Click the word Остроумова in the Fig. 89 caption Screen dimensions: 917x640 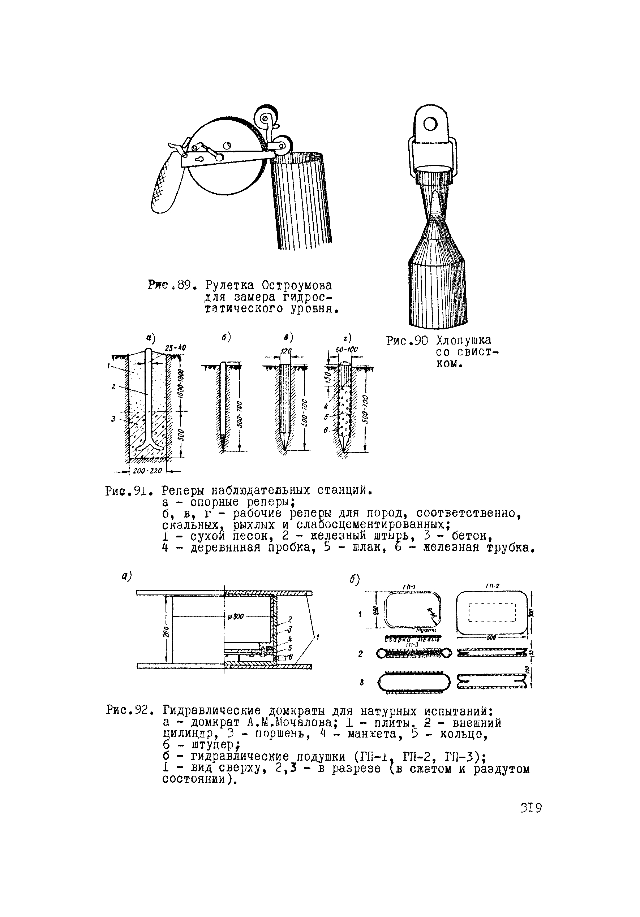click(x=296, y=286)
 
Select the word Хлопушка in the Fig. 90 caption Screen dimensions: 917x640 click(x=463, y=341)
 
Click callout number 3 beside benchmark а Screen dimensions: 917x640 click(x=113, y=419)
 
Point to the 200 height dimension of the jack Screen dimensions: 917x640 click(x=166, y=632)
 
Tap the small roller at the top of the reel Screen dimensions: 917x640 click(x=265, y=114)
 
